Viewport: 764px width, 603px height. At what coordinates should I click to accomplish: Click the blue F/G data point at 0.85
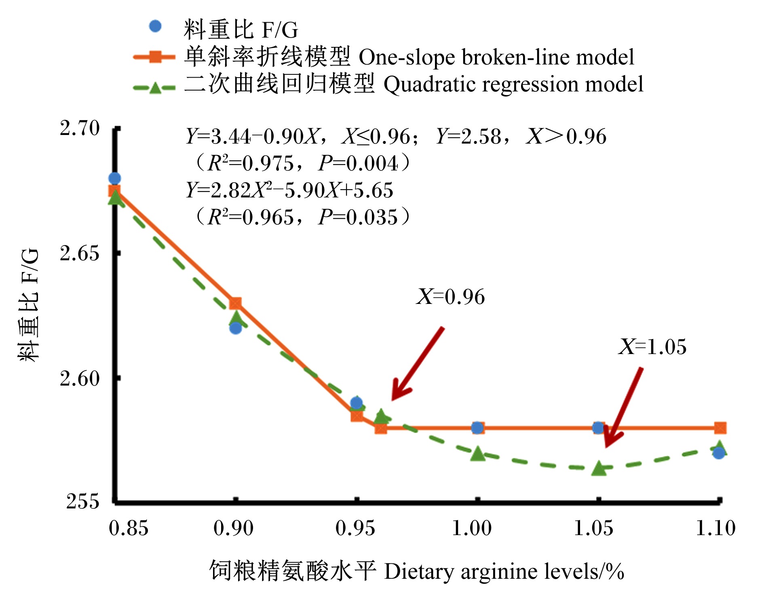click(114, 178)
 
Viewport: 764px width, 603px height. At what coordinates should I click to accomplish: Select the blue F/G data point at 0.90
click(236, 328)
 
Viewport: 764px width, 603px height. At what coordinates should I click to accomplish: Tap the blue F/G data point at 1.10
click(719, 453)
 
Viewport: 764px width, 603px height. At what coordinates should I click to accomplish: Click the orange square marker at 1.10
click(720, 428)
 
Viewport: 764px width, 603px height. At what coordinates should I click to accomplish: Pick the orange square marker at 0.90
click(236, 303)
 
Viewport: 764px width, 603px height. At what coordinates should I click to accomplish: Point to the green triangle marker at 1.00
click(478, 454)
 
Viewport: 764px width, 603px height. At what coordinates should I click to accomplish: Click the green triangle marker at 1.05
click(599, 468)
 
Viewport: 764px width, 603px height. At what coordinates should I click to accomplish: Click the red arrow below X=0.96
click(418, 364)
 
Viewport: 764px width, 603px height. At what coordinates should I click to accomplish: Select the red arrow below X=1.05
click(623, 407)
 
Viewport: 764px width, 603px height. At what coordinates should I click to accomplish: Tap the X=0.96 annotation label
click(451, 297)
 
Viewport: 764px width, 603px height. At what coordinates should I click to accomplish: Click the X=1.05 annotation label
click(652, 347)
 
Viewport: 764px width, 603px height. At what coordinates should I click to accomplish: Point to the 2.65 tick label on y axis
click(80, 253)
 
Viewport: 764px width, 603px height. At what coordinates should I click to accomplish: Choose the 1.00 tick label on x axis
click(472, 528)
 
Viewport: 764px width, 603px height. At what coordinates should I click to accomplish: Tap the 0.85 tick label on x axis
click(129, 528)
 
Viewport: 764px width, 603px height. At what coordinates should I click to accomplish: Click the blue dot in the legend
click(155, 27)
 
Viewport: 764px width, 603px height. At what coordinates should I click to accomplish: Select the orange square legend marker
click(155, 57)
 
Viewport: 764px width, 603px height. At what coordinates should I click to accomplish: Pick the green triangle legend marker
click(155, 87)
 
